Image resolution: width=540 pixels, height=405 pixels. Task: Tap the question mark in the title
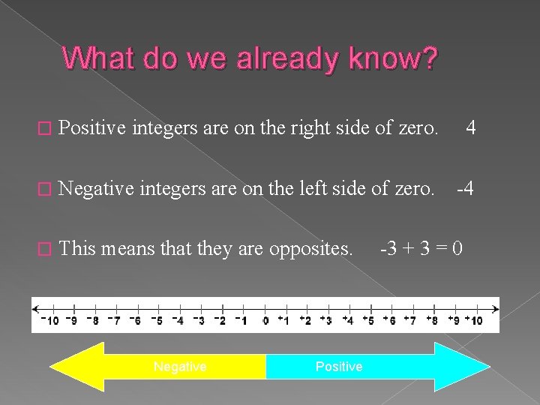(428, 58)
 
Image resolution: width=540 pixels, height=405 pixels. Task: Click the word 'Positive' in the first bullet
(92, 128)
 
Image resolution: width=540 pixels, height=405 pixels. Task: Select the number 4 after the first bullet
(470, 128)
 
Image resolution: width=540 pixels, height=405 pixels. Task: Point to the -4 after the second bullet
(466, 188)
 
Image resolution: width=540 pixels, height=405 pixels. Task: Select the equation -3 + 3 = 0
(422, 248)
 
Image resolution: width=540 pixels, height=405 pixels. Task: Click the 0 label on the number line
(265, 321)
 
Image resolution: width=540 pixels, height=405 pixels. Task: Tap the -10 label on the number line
(49, 321)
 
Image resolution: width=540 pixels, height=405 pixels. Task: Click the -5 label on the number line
(156, 321)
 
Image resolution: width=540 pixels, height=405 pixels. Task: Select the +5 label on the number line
(368, 321)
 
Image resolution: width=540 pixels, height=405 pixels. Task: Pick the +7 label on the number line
(410, 321)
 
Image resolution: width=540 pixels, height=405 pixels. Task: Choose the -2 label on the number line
(220, 321)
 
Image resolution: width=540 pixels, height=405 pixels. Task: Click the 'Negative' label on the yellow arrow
(180, 367)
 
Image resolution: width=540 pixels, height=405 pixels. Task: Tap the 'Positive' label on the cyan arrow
(339, 367)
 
